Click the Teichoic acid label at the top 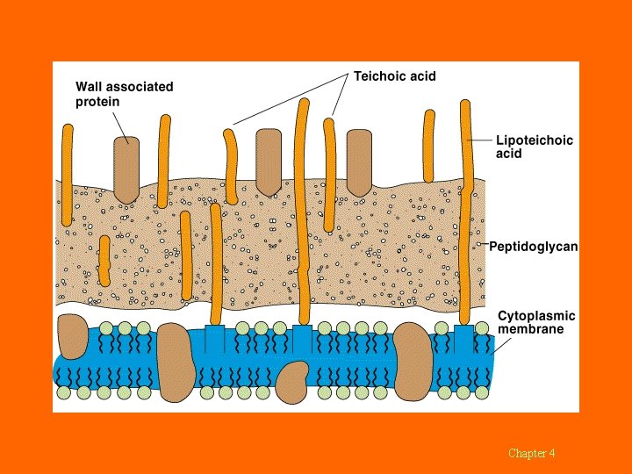[394, 76]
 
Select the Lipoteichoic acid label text [524, 147]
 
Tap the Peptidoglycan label [534, 247]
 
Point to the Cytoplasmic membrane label [536, 322]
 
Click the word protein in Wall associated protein [97, 102]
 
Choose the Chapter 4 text [531, 453]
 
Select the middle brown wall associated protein [268, 162]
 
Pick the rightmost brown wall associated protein [359, 162]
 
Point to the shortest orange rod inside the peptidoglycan [104, 261]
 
